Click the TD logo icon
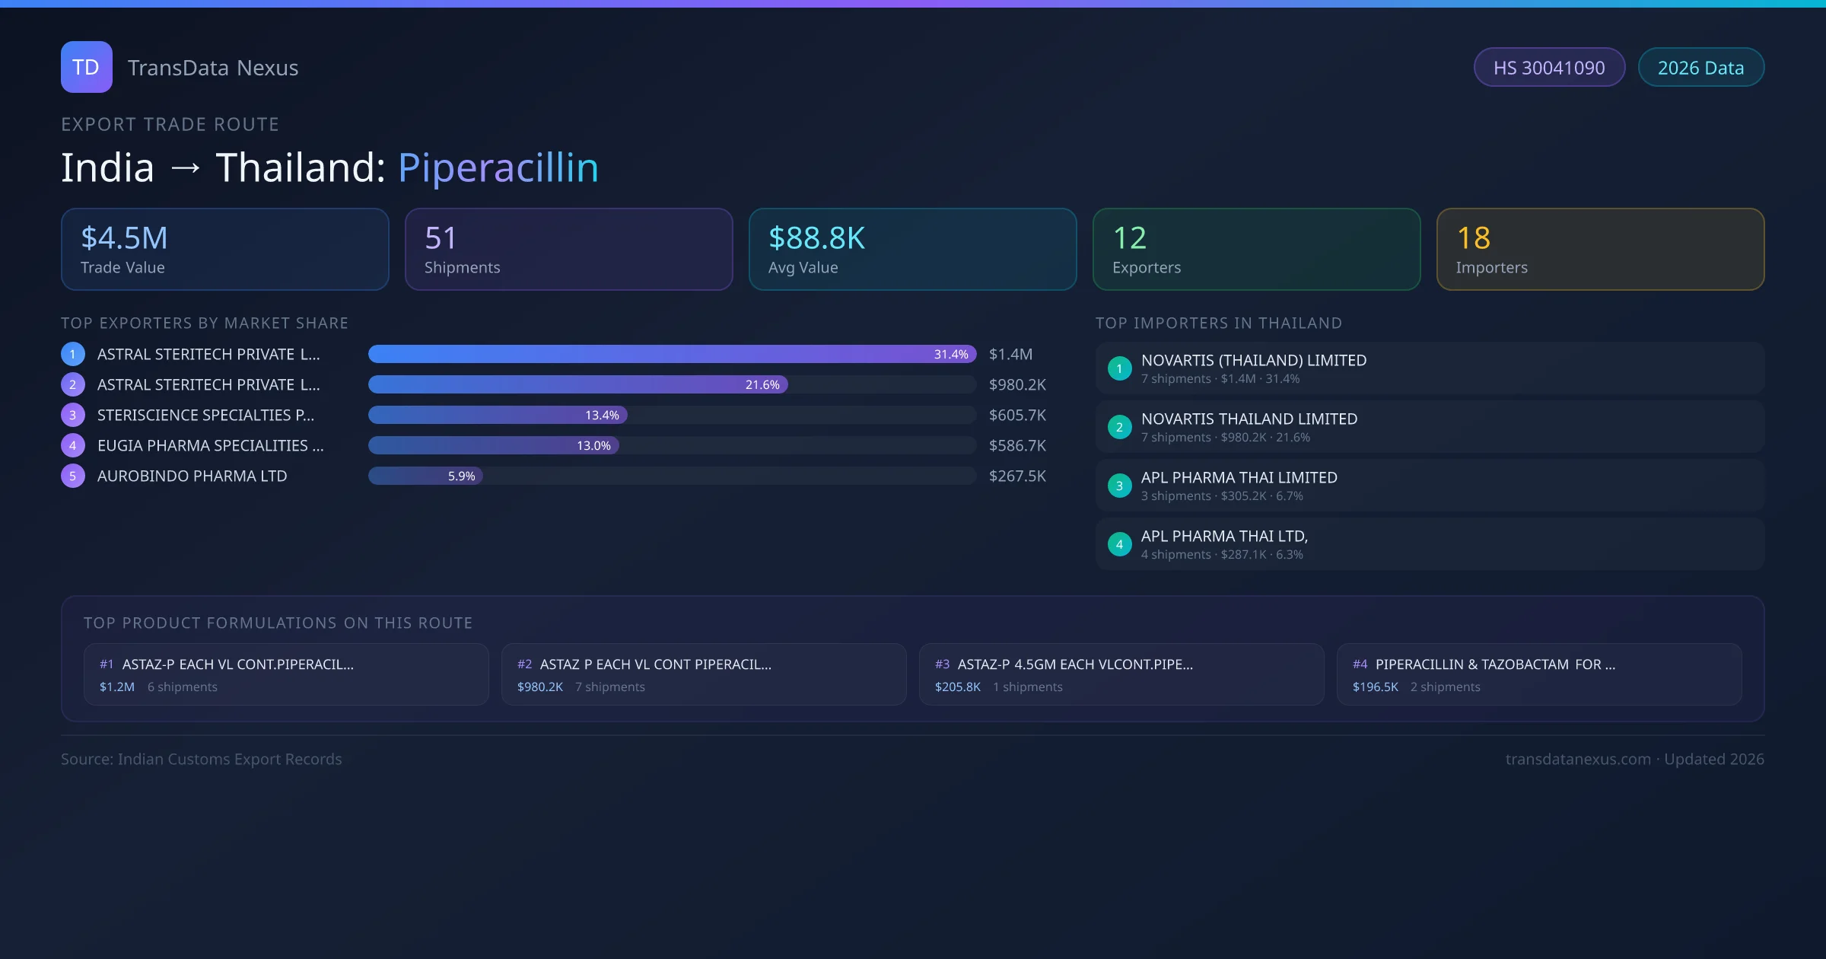point(87,67)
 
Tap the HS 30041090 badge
point(1549,68)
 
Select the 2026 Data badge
point(1700,68)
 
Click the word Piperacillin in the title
point(498,167)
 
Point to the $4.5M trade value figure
point(124,238)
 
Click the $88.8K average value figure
point(816,238)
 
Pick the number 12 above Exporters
point(1129,238)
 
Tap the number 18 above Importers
point(1473,238)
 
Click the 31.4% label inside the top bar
point(951,355)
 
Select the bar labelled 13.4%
point(498,416)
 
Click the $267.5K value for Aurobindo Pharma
point(1017,476)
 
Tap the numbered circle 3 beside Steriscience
point(73,416)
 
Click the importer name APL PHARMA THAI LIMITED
point(1239,478)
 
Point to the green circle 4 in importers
point(1119,545)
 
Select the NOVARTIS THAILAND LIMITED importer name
point(1249,419)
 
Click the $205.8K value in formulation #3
point(957,687)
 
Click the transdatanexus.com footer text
point(1578,760)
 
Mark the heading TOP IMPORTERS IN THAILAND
point(1218,323)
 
